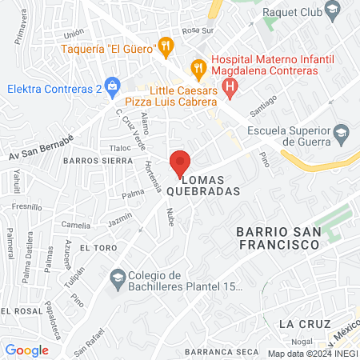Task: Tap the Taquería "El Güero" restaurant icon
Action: coord(166,46)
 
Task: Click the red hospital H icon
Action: coord(230,86)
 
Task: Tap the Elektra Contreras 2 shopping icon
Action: coord(111,85)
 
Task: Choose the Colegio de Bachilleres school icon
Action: coord(118,278)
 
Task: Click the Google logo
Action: coord(26,350)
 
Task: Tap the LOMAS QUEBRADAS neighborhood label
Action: coord(204,185)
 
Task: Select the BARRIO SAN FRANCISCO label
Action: coord(278,239)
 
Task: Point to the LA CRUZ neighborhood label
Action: coord(299,323)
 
